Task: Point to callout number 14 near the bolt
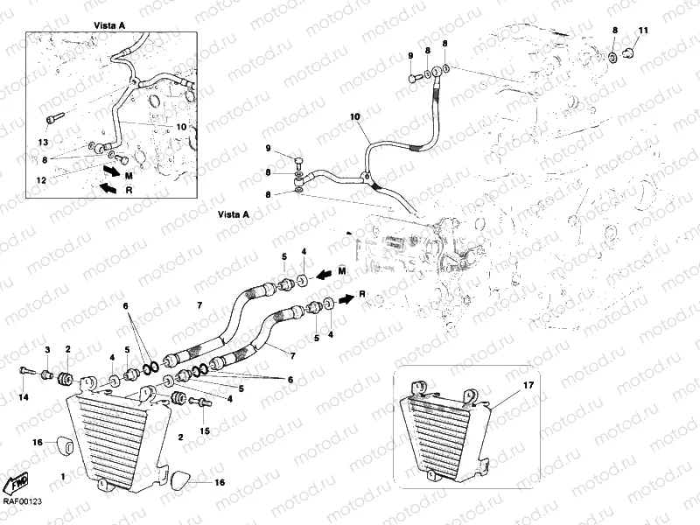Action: tap(24, 398)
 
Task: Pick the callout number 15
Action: tap(205, 431)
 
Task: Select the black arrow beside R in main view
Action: tap(346, 298)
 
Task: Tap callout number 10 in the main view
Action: tap(355, 116)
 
